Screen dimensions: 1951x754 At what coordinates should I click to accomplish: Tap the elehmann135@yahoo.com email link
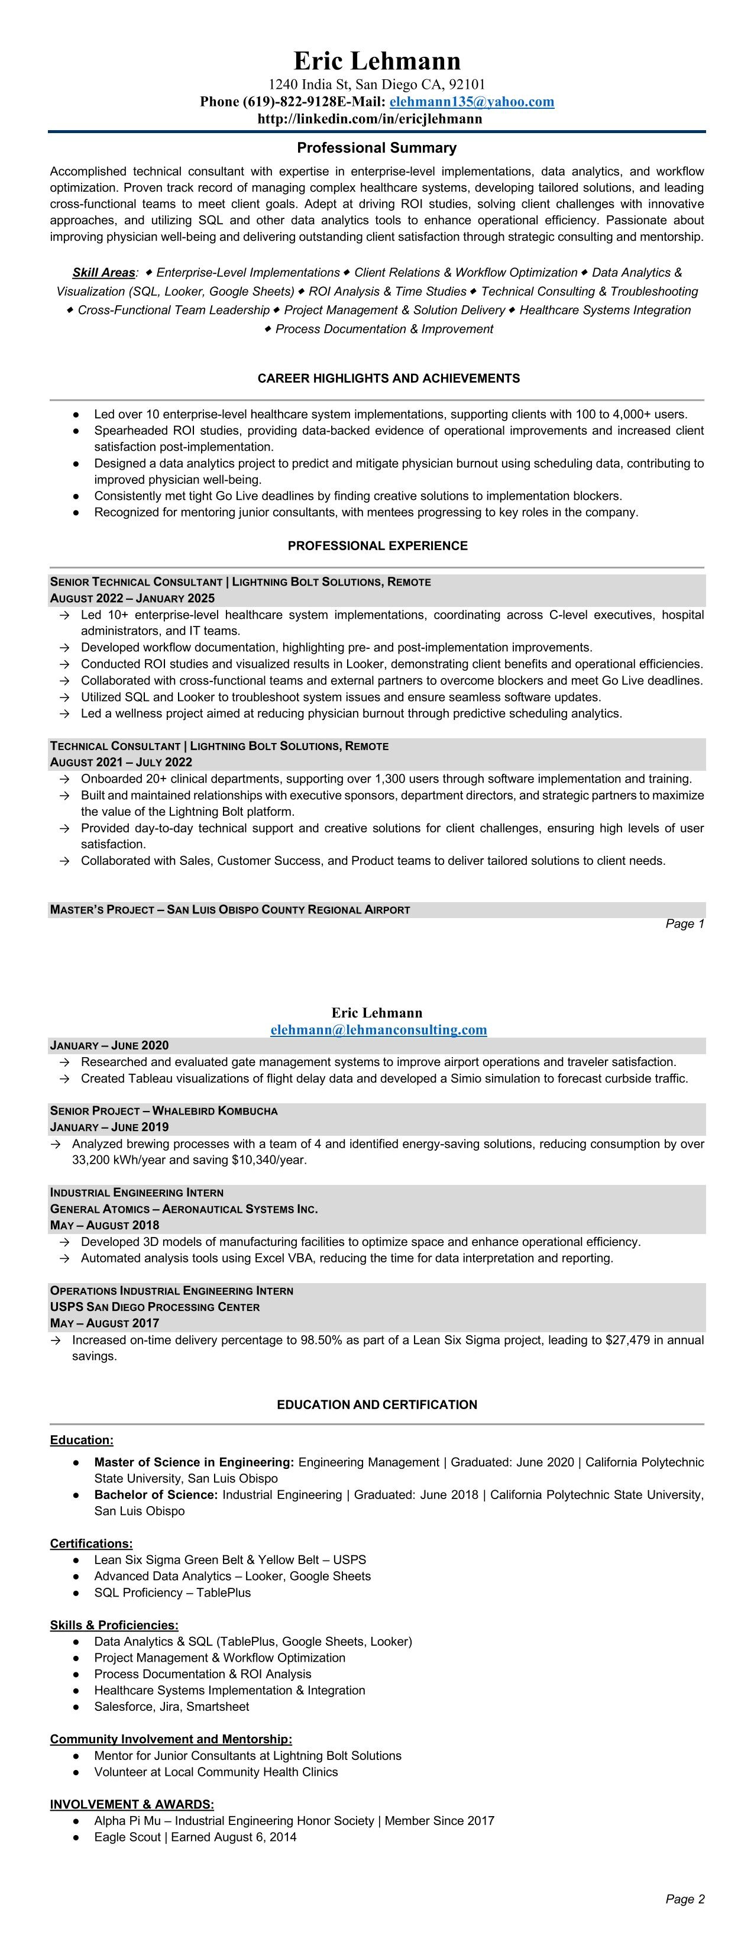click(472, 102)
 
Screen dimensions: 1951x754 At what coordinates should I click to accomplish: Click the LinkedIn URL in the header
click(370, 119)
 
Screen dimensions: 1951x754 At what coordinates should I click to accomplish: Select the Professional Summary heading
click(376, 148)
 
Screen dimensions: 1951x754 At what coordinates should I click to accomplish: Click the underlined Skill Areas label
click(103, 273)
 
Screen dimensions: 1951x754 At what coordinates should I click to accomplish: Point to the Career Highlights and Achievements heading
click(389, 378)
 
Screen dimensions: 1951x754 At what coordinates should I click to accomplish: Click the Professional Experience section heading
click(377, 545)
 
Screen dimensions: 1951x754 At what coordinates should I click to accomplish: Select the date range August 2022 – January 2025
click(132, 598)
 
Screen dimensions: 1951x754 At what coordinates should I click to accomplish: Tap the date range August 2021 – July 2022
click(121, 762)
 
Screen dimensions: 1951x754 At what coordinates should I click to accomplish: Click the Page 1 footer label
click(684, 923)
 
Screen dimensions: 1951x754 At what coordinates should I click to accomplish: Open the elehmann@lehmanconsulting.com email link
click(378, 1029)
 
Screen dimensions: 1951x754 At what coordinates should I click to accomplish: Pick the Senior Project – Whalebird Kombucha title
click(164, 1110)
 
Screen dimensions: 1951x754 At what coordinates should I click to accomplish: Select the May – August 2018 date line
click(105, 1225)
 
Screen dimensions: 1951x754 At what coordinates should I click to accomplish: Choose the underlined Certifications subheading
click(91, 1543)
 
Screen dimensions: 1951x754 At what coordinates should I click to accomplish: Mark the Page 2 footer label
click(684, 1899)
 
